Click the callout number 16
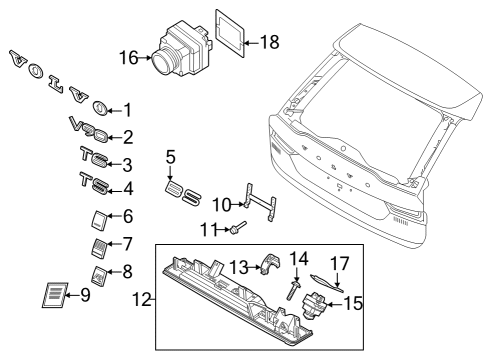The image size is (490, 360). [129, 58]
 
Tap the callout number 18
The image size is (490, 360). [269, 42]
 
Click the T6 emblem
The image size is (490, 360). [94, 157]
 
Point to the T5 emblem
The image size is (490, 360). [94, 183]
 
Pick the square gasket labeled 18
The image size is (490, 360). [230, 33]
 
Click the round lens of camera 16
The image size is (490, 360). [163, 61]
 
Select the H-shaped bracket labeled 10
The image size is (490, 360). [261, 202]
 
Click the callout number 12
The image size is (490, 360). [142, 299]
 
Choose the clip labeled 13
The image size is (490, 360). [270, 264]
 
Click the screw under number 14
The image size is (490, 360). [293, 289]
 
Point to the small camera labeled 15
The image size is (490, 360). [313, 305]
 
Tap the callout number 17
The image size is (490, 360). [339, 263]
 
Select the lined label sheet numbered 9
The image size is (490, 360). [55, 295]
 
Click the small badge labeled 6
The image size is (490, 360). [99, 220]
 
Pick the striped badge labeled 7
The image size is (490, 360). [99, 248]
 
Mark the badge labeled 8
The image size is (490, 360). [99, 276]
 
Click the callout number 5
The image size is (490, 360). [170, 157]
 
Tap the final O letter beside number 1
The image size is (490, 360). [99, 108]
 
